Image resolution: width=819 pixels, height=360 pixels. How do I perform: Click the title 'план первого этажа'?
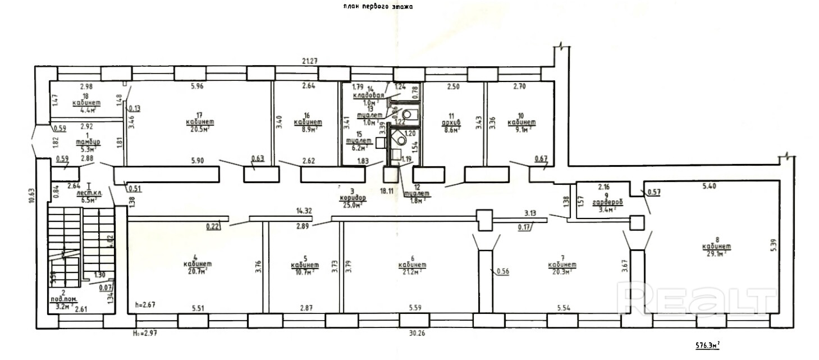(378, 7)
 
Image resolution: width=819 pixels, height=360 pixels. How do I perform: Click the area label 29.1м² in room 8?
(715, 253)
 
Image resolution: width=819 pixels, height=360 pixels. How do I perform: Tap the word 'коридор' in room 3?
(353, 198)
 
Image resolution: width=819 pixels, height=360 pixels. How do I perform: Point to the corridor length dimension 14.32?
(304, 211)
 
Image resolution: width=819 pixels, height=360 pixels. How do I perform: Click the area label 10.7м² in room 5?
(305, 272)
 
